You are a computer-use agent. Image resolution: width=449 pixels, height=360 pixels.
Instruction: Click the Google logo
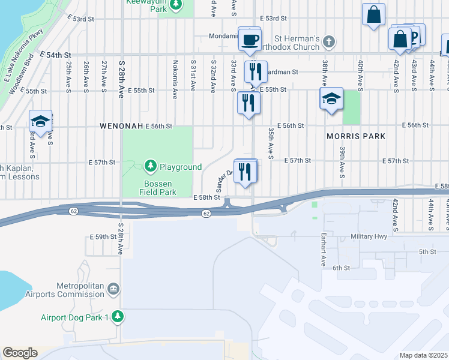click(x=20, y=353)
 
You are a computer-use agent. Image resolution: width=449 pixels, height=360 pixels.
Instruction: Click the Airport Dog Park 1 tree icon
click(x=118, y=316)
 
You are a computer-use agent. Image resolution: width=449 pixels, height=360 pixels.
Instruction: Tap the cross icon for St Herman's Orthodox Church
click(x=328, y=42)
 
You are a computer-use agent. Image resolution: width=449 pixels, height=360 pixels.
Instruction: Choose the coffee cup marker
click(x=250, y=41)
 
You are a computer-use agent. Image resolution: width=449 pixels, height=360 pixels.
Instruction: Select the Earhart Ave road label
click(x=322, y=249)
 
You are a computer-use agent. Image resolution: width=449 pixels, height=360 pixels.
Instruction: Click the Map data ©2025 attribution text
click(x=423, y=355)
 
